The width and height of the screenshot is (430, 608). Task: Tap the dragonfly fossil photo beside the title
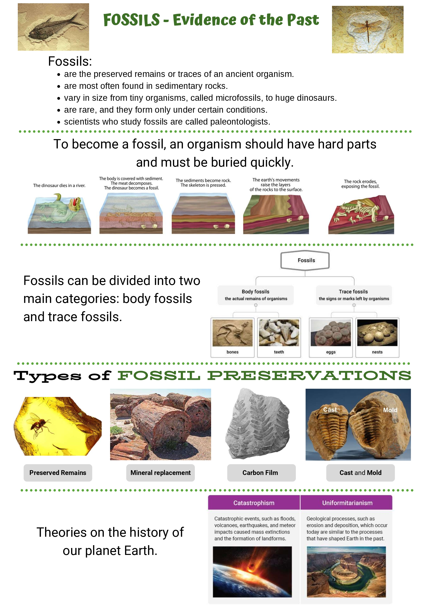click(x=368, y=29)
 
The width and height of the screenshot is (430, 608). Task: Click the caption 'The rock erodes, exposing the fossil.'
click(x=360, y=184)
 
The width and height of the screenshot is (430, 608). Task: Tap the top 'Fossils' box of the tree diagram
click(x=305, y=260)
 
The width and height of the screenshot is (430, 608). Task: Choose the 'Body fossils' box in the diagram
click(x=256, y=295)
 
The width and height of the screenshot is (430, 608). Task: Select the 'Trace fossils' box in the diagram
click(x=354, y=295)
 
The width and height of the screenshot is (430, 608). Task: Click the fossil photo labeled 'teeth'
click(x=279, y=333)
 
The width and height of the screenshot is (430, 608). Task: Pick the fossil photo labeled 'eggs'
click(x=331, y=333)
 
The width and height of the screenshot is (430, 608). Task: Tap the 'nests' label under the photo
click(x=377, y=352)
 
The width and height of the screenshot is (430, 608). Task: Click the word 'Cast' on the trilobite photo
click(x=330, y=410)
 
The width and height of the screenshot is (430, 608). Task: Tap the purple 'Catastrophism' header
click(x=254, y=503)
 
